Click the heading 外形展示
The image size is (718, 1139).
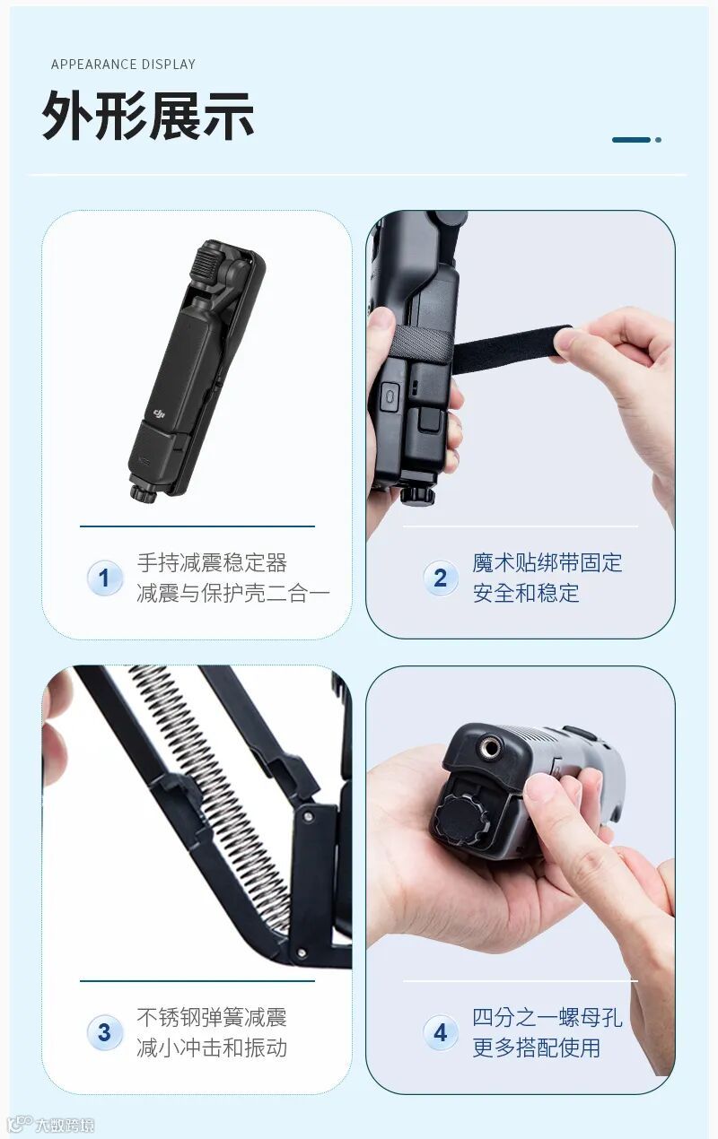[148, 116]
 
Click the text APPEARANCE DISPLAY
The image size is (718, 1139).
[123, 65]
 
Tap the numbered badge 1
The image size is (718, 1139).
[104, 578]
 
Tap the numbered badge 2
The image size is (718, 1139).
[440, 578]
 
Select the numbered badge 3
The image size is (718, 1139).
[104, 1033]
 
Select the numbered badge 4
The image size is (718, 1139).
[440, 1033]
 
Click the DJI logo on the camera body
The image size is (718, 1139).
[159, 415]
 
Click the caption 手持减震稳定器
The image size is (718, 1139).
[212, 563]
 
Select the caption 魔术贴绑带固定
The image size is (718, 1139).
[547, 563]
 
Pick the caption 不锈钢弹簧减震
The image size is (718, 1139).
[212, 1017]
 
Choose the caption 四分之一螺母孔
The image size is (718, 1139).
[547, 1017]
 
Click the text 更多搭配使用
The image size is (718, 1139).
[537, 1048]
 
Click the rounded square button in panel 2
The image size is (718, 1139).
[390, 396]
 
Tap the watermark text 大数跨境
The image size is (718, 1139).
[65, 1125]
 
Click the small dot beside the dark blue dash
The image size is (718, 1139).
[659, 140]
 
